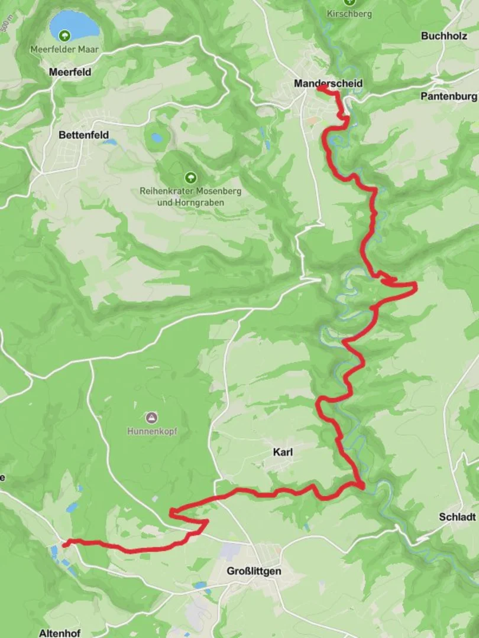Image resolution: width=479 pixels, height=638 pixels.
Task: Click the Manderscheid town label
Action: (328, 83)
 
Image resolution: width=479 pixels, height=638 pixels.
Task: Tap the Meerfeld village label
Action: (70, 71)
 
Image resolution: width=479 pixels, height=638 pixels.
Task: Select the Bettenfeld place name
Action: (83, 135)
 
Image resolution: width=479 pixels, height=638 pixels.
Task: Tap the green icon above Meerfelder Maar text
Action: (64, 35)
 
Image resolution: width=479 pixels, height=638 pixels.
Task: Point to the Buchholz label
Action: (444, 36)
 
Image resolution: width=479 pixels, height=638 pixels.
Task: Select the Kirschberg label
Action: (349, 14)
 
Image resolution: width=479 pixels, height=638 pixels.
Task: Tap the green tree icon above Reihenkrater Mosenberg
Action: (190, 177)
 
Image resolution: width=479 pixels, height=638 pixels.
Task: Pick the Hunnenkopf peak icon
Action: (152, 418)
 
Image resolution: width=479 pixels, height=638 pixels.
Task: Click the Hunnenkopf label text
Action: (152, 431)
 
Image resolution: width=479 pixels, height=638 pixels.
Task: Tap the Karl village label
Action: (283, 453)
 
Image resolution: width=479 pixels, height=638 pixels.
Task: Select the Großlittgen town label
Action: (254, 571)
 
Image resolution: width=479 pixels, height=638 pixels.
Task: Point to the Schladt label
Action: (457, 516)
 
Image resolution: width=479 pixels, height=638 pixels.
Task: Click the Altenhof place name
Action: (59, 633)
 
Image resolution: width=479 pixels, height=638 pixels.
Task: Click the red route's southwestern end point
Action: (66, 543)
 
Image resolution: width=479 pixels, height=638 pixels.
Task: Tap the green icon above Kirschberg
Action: (349, 2)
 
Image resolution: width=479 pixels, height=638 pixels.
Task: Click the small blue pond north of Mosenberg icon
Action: (157, 138)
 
